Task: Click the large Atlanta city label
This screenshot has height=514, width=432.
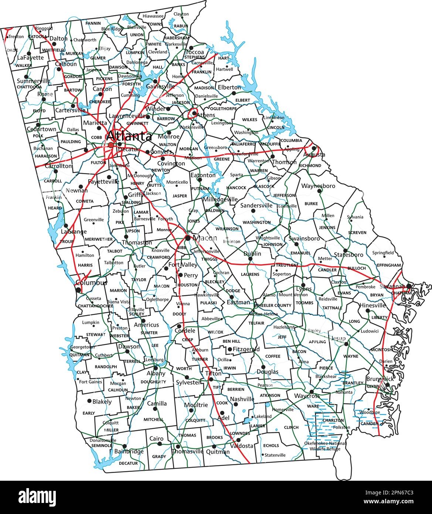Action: click(129, 137)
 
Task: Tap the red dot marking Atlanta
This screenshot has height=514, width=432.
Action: click(111, 145)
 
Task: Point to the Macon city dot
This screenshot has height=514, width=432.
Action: click(188, 238)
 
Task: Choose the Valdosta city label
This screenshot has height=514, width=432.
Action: click(242, 446)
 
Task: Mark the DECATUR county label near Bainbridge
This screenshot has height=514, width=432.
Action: click(128, 463)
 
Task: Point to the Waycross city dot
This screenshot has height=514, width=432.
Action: click(312, 392)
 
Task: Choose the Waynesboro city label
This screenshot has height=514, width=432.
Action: click(318, 186)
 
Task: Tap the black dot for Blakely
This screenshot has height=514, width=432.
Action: click(89, 400)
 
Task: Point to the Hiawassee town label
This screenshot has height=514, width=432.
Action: click(153, 16)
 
